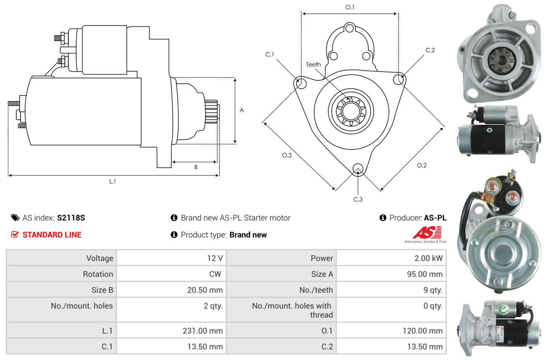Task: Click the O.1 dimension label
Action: point(350,7)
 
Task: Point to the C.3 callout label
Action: point(358,199)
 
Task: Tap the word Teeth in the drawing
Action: point(313,64)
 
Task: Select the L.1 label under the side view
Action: point(112,181)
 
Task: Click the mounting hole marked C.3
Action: point(358,169)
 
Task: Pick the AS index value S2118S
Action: point(71,218)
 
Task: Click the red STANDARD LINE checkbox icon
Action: point(15,234)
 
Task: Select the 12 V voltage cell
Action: point(215,258)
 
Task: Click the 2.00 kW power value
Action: point(428,258)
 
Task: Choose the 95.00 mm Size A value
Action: point(425,274)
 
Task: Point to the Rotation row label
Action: point(98,274)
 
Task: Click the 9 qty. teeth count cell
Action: point(433,290)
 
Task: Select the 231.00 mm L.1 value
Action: point(203,331)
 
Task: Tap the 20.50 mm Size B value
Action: point(205,290)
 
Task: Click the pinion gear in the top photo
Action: point(501,60)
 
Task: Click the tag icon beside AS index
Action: point(15,218)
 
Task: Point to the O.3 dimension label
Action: point(287,155)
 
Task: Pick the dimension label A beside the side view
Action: point(242,110)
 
